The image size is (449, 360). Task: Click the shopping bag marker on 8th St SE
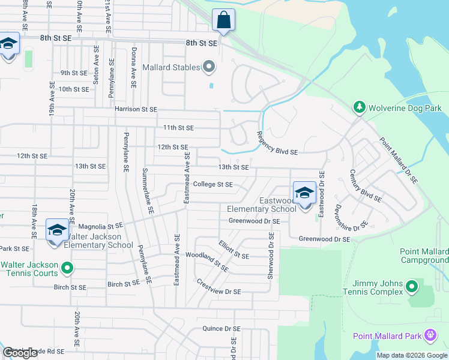(223, 20)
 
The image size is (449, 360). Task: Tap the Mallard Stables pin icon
(209, 67)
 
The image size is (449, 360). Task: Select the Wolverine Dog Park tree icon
(360, 107)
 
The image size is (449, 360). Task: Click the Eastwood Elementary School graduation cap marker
(304, 193)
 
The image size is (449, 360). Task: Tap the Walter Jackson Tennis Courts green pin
(67, 268)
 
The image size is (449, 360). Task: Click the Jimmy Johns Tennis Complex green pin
(411, 287)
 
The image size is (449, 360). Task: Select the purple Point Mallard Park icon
(429, 335)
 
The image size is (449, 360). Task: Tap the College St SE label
(212, 185)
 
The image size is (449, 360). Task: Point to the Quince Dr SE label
(221, 329)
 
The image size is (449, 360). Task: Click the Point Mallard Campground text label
(424, 256)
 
